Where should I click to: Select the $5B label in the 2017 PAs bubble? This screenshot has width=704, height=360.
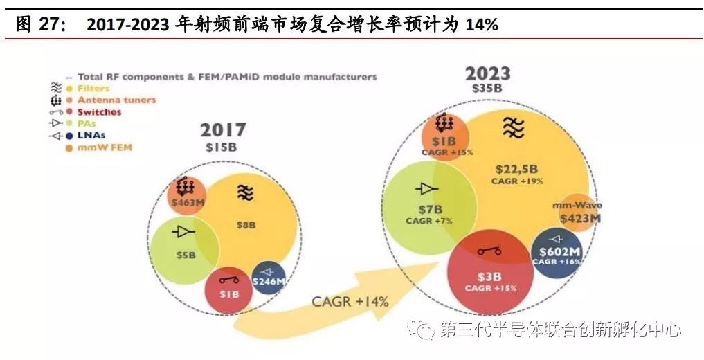tap(186, 255)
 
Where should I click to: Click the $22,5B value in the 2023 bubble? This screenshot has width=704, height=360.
tap(516, 169)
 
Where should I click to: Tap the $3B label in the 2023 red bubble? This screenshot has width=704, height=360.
tap(490, 276)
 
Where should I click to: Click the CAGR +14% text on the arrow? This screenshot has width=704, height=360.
tap(350, 301)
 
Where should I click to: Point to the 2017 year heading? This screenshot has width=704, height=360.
tap(223, 129)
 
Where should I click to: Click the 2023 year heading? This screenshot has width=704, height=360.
tap(487, 73)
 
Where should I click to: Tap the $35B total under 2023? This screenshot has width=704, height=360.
tap(487, 89)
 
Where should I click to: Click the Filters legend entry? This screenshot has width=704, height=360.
tap(93, 89)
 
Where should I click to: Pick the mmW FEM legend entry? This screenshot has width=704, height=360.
tap(105, 147)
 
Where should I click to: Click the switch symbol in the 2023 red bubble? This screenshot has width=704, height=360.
tap(489, 251)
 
